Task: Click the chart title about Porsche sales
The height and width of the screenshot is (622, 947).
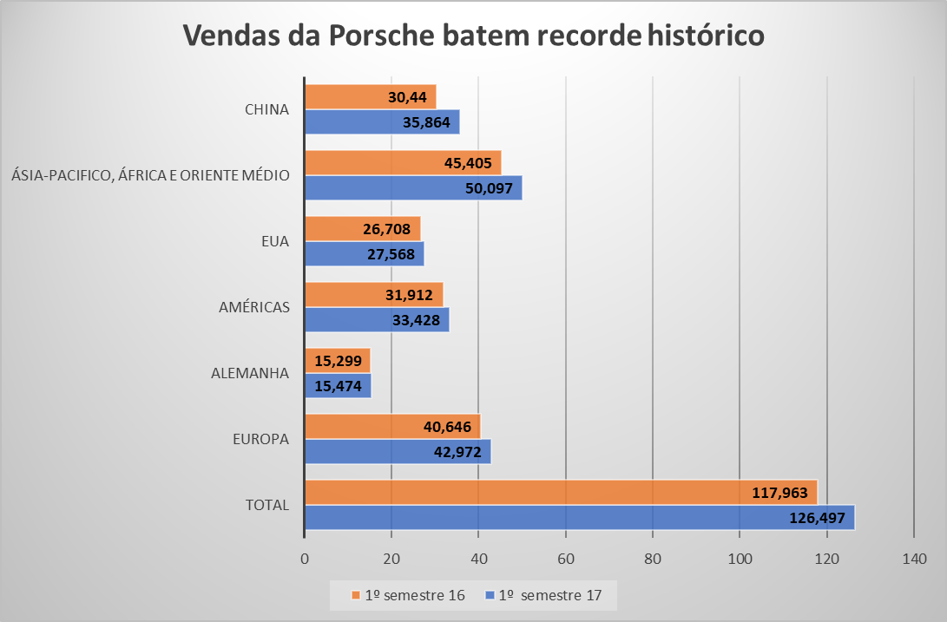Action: click(x=473, y=36)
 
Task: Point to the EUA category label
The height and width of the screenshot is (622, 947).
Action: click(x=275, y=242)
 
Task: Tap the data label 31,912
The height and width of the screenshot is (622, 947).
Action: click(x=409, y=295)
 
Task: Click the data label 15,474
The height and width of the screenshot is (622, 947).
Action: click(x=336, y=386)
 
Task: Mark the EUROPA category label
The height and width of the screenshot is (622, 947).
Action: click(x=260, y=439)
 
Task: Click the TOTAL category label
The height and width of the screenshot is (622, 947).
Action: click(x=267, y=505)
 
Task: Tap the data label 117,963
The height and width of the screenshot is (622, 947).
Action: click(x=779, y=493)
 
